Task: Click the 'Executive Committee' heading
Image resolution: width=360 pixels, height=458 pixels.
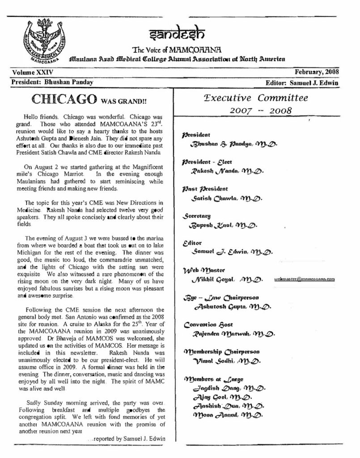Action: (x=255, y=98)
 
